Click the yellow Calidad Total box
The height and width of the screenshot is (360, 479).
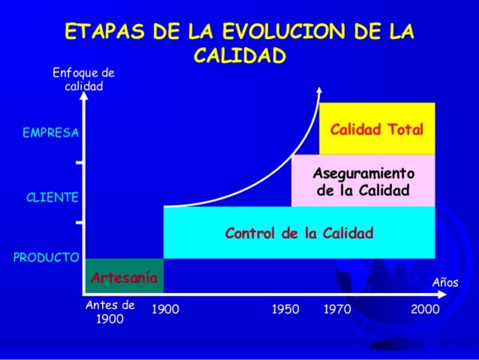pyautogui.click(x=377, y=128)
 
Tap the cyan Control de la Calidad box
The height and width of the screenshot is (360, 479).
pyautogui.click(x=299, y=232)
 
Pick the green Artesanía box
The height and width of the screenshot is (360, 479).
pyautogui.click(x=124, y=277)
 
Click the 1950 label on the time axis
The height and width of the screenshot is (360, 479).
pyautogui.click(x=285, y=309)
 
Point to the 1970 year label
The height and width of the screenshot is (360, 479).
pyautogui.click(x=337, y=309)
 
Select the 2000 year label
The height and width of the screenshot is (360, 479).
pyautogui.click(x=425, y=309)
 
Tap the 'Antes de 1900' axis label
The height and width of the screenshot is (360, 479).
pyautogui.click(x=110, y=311)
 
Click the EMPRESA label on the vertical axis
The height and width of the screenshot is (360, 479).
pyautogui.click(x=51, y=133)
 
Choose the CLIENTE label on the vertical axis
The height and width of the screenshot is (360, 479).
pyautogui.click(x=52, y=198)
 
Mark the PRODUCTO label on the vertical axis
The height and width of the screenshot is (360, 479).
pyautogui.click(x=46, y=257)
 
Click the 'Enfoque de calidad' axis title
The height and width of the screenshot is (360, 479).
pyautogui.click(x=83, y=79)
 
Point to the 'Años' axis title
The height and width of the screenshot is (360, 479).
pyautogui.click(x=445, y=283)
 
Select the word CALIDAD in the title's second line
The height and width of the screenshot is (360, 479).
pyautogui.click(x=239, y=55)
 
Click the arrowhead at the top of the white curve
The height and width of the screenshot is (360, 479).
pyautogui.click(x=319, y=91)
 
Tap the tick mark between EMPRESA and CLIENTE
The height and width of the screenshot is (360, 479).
pyautogui.click(x=79, y=163)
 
